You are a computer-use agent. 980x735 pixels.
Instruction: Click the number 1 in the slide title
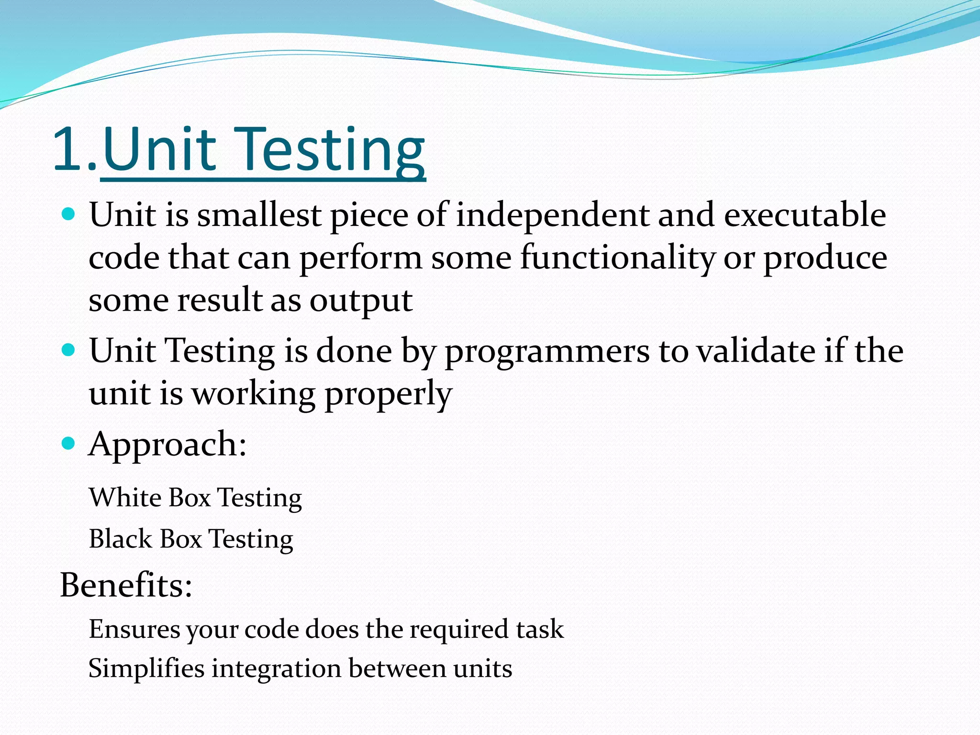click(x=68, y=149)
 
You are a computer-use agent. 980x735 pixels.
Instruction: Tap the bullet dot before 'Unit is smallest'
click(x=69, y=213)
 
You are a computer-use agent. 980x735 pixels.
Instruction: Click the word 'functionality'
click(x=617, y=257)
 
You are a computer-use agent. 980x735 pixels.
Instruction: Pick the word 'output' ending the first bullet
click(x=361, y=301)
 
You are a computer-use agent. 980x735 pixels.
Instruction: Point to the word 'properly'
click(x=388, y=394)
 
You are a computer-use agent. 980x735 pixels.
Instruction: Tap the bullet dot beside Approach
click(x=69, y=443)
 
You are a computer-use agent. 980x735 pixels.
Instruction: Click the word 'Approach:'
click(x=167, y=445)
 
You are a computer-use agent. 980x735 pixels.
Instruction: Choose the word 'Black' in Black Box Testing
click(x=120, y=539)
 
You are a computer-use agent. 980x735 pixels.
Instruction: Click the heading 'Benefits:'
click(x=126, y=585)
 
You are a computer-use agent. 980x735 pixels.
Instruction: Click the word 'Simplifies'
click(x=146, y=668)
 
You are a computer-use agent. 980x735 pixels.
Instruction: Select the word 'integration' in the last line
click(x=276, y=668)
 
